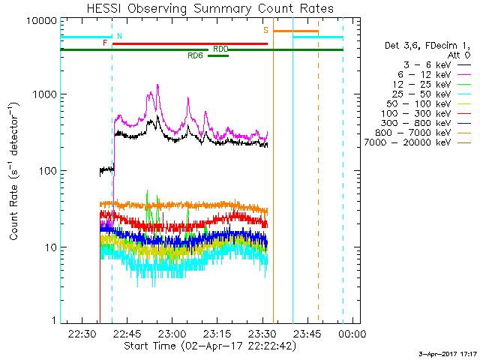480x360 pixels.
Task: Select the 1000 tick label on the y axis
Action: tap(44, 95)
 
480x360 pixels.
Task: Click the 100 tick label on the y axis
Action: tap(47, 171)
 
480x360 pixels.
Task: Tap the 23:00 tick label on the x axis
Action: tap(172, 333)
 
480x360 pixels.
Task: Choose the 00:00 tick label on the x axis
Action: tap(352, 333)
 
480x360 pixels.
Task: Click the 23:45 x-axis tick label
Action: tap(307, 333)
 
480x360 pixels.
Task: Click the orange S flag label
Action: tap(265, 31)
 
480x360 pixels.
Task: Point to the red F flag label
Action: tap(105, 43)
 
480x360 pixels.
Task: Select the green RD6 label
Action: tap(196, 55)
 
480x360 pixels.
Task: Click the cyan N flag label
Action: tap(119, 36)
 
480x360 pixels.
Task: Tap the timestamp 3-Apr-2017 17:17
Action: tap(448, 353)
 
